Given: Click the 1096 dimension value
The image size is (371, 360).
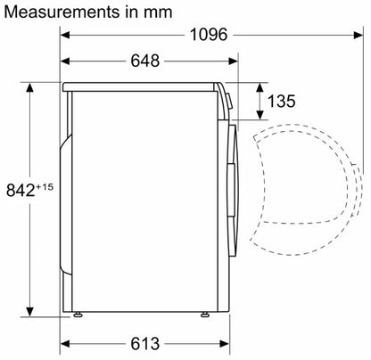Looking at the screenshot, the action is coord(209,35).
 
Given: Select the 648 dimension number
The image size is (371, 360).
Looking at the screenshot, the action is coord(145,61).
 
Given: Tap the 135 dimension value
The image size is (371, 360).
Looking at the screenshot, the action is coord(282,101).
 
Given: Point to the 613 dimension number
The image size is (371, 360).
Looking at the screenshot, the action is coord(145,344).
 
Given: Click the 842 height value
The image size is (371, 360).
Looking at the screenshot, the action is coord(21,190).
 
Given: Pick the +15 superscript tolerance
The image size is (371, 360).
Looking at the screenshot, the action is coord(45,187).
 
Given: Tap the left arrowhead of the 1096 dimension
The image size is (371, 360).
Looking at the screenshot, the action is coord(65,35).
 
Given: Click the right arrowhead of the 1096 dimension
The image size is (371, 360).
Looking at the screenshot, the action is coord(359,35).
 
